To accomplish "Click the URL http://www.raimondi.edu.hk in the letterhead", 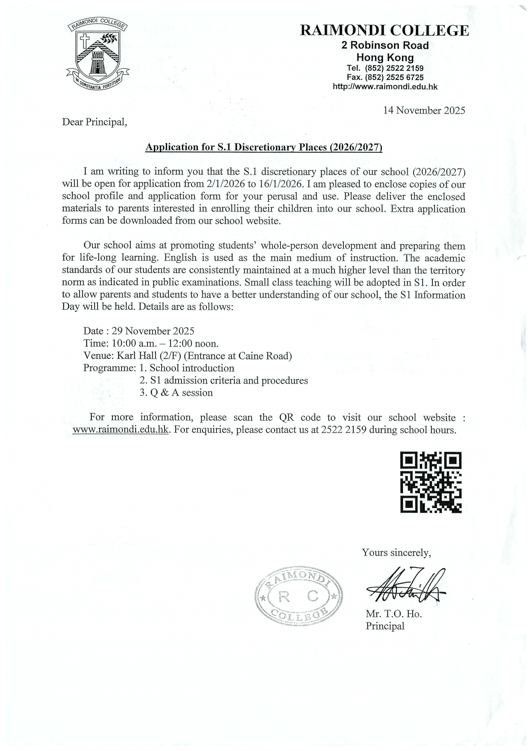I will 385,87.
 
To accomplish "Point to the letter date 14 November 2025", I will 424,111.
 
